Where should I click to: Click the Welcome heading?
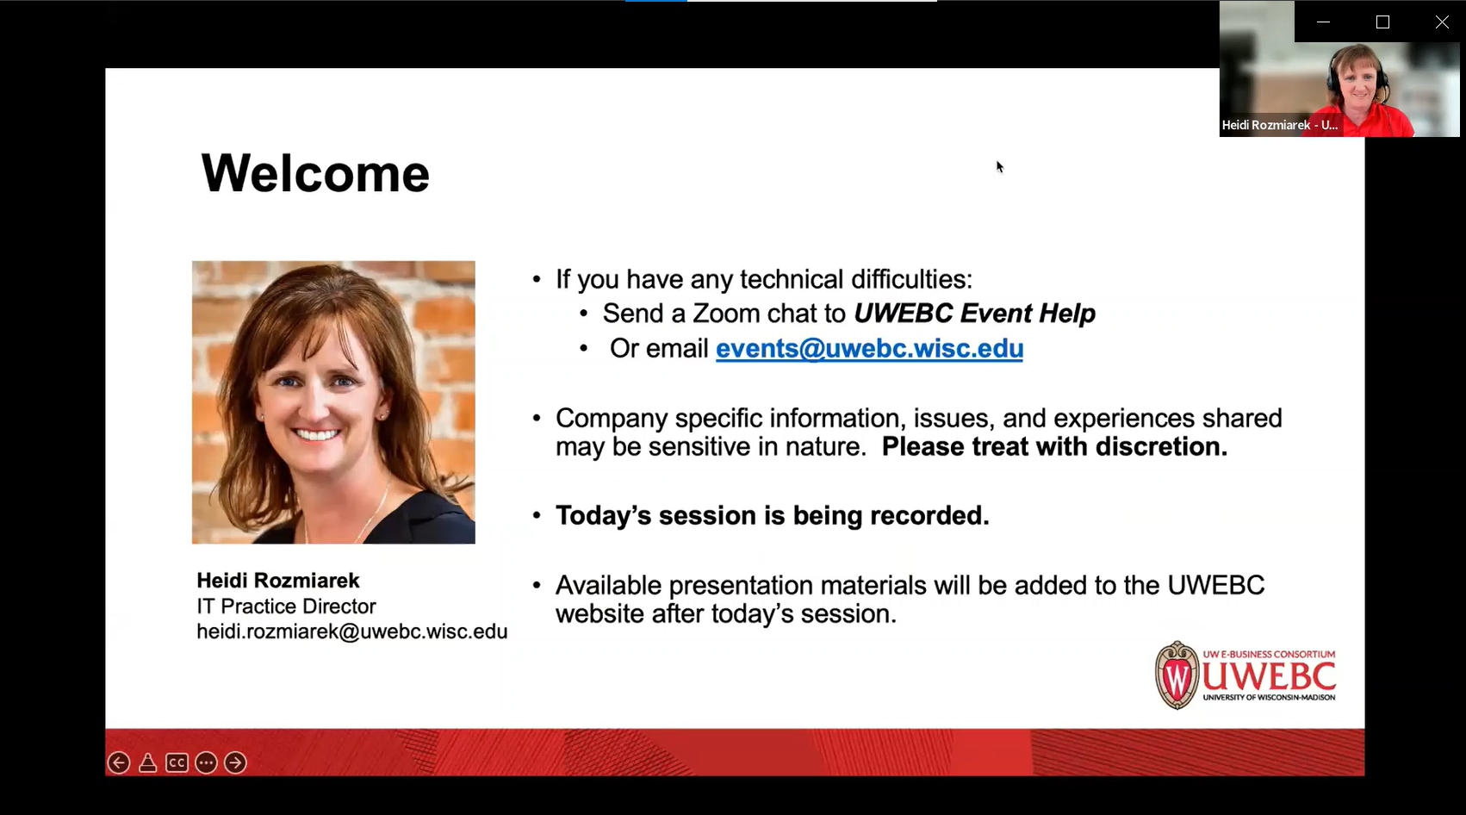315,173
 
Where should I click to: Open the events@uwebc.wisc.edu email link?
869,348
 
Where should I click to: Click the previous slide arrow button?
119,762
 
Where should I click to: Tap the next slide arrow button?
236,762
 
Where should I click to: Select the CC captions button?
177,762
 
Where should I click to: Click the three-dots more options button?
206,762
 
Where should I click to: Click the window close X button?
1442,22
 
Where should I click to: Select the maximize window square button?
1383,22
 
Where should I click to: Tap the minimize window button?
1323,22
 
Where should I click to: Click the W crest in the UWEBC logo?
1177,675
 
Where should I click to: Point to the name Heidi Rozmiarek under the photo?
278,580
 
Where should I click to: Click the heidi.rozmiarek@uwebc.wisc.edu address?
352,631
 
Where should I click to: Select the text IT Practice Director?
286,607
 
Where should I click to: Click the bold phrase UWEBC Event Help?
974,313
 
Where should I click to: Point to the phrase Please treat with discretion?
1054,446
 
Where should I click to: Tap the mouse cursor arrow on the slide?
999,167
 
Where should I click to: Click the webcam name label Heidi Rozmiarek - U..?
1279,125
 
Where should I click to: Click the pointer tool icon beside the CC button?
148,762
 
